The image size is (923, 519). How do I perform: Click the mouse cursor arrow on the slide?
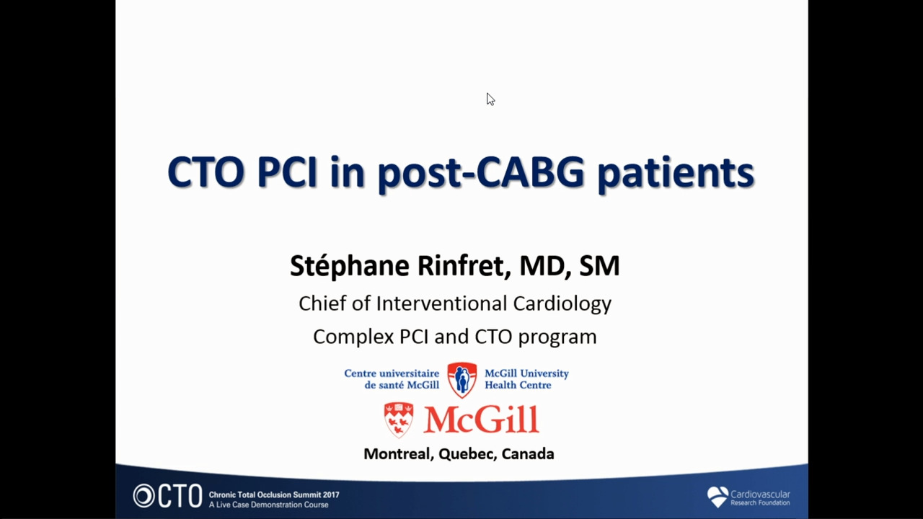(490, 99)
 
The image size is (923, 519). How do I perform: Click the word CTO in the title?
(206, 172)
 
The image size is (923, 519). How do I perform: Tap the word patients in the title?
(676, 173)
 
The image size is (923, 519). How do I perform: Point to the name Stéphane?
(350, 266)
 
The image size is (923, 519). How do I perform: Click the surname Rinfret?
(464, 265)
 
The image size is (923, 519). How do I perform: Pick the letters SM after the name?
(599, 266)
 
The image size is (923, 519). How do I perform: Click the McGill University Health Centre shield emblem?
(462, 380)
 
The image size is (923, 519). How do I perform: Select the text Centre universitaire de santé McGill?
(392, 379)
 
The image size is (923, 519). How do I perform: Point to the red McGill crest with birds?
(399, 420)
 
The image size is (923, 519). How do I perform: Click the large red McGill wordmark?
(481, 420)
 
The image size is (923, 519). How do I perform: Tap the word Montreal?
(399, 454)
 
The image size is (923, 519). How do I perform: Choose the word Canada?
(528, 453)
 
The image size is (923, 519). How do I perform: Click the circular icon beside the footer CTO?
(143, 495)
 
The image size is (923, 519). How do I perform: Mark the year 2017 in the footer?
(329, 494)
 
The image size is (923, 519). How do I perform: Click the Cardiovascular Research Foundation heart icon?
(717, 497)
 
